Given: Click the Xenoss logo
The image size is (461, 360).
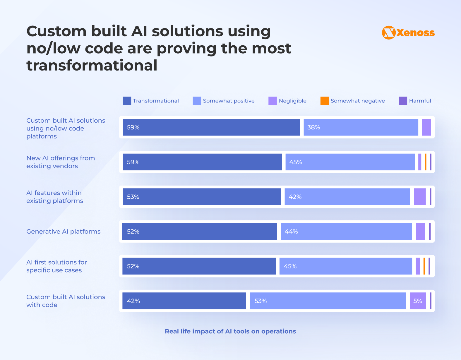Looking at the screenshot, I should [x=408, y=32].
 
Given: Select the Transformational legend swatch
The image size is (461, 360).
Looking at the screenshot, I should [x=127, y=101].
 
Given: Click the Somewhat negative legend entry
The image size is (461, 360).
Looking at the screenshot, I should [x=353, y=101].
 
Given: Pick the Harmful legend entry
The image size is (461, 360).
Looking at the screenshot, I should [x=415, y=101].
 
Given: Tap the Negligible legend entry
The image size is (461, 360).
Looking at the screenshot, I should [x=287, y=101].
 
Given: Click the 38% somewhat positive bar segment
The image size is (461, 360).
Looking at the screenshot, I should [x=361, y=127].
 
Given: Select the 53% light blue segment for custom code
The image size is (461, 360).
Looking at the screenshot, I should [x=328, y=301].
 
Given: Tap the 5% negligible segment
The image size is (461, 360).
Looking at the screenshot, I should [x=418, y=301].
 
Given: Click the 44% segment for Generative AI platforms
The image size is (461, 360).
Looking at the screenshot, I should [x=346, y=232].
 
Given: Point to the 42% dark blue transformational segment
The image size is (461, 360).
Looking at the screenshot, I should [x=184, y=301].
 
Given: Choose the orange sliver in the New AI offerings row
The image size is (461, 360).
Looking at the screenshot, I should [x=426, y=162].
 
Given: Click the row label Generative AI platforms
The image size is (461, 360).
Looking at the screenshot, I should [x=63, y=232].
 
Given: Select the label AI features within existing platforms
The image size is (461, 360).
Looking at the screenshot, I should [x=55, y=197].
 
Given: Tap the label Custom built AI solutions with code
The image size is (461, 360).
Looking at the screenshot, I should [x=66, y=301].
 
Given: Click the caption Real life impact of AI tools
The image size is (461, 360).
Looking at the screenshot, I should [x=230, y=331].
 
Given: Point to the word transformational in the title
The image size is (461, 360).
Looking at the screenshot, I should [x=92, y=65].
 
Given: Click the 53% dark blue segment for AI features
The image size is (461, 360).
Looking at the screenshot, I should [x=201, y=197].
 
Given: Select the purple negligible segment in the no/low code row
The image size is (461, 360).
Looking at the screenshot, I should [x=426, y=127].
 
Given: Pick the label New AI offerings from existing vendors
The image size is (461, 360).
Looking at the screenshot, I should [x=61, y=162].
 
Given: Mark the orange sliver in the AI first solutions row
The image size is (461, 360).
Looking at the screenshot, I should [x=424, y=266].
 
